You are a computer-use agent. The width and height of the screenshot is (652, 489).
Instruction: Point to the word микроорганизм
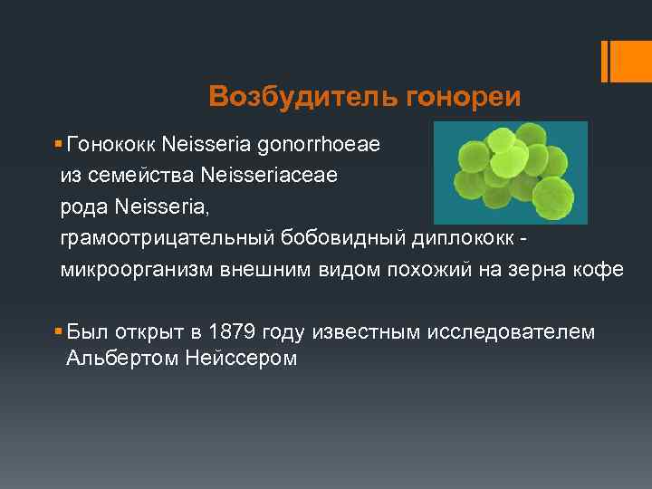click(x=136, y=270)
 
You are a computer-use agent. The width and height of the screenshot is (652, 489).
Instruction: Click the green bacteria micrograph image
click(x=510, y=172)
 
